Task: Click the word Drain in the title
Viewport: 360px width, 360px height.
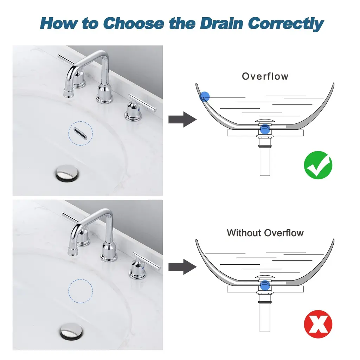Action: pyautogui.click(x=221, y=24)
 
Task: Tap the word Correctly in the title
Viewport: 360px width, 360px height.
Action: pyautogui.click(x=285, y=24)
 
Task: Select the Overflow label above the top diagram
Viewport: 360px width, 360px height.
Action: pyautogui.click(x=265, y=76)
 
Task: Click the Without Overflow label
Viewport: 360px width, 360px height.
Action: pyautogui.click(x=265, y=233)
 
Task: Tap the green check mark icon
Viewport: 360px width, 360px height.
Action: pyautogui.click(x=318, y=165)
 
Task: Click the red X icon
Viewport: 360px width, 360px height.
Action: pyautogui.click(x=318, y=324)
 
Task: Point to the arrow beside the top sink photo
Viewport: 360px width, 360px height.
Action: pyautogui.click(x=182, y=120)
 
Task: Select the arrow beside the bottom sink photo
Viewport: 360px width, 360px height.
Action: pyautogui.click(x=182, y=267)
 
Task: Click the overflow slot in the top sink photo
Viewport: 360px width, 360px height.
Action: pyautogui.click(x=81, y=134)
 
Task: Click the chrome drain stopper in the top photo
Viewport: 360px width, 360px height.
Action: pyautogui.click(x=67, y=173)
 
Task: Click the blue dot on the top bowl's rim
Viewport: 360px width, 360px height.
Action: pyautogui.click(x=205, y=96)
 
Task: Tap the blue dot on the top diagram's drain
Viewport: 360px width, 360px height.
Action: pyautogui.click(x=265, y=129)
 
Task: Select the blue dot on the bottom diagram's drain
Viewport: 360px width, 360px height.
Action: pyautogui.click(x=265, y=285)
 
